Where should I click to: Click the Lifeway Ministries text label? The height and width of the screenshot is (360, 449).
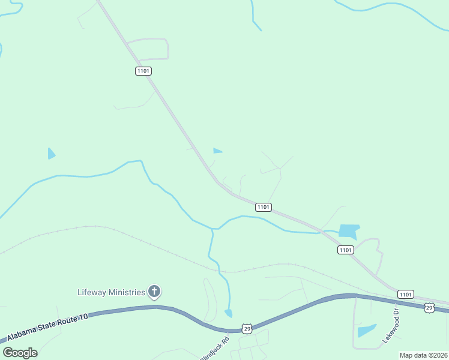[x=112, y=292]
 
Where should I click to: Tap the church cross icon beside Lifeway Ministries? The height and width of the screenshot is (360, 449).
[x=154, y=292]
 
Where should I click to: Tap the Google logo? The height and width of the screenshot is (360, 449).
[x=20, y=353]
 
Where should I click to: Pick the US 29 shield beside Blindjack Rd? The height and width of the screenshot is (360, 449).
[x=247, y=328]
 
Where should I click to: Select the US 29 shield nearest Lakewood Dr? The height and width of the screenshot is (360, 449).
[x=429, y=308]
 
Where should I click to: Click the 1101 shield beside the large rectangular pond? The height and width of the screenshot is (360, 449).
[x=345, y=250]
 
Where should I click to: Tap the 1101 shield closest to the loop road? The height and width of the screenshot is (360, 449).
[x=143, y=71]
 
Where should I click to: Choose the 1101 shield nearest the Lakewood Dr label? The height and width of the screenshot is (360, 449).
[x=405, y=294]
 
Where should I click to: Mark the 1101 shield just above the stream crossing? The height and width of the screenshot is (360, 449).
[x=264, y=207]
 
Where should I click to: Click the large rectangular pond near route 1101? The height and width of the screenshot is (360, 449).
[x=349, y=231]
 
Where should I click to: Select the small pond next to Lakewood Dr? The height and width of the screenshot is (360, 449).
[x=366, y=331]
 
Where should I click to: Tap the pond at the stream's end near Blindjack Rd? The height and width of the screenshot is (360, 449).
[x=228, y=313]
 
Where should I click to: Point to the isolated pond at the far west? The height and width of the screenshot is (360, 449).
[x=51, y=154]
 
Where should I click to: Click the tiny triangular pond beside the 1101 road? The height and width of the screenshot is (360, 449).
[x=217, y=151]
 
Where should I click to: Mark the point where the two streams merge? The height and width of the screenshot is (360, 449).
[x=213, y=229]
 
